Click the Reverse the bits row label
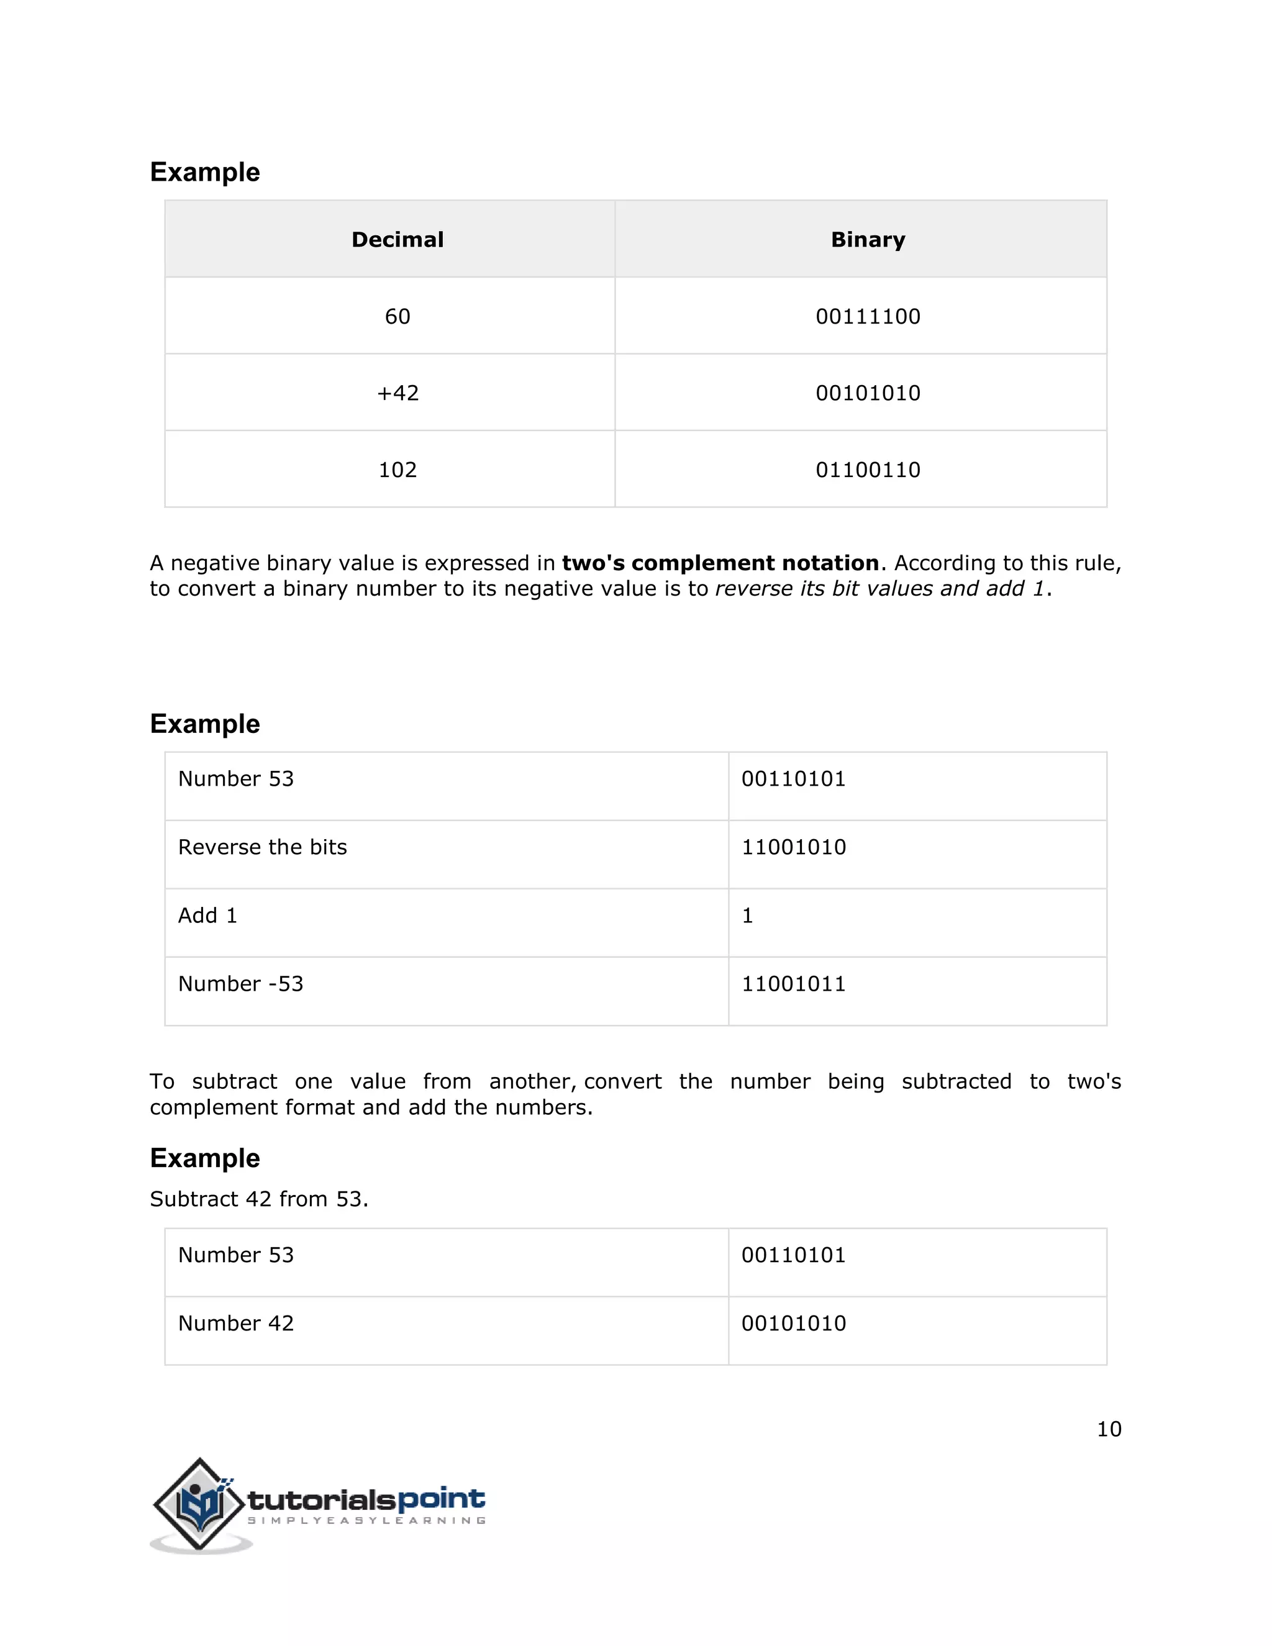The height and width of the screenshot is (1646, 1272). point(262,847)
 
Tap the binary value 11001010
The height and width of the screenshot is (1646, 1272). point(794,847)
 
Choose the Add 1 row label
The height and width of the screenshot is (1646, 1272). point(207,916)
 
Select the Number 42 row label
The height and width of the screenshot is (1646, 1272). point(236,1324)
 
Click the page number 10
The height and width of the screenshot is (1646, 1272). point(1109,1429)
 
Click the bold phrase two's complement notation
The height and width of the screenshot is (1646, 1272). point(720,563)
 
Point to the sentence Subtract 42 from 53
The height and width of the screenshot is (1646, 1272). point(258,1199)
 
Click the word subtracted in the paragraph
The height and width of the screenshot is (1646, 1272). point(956,1081)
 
